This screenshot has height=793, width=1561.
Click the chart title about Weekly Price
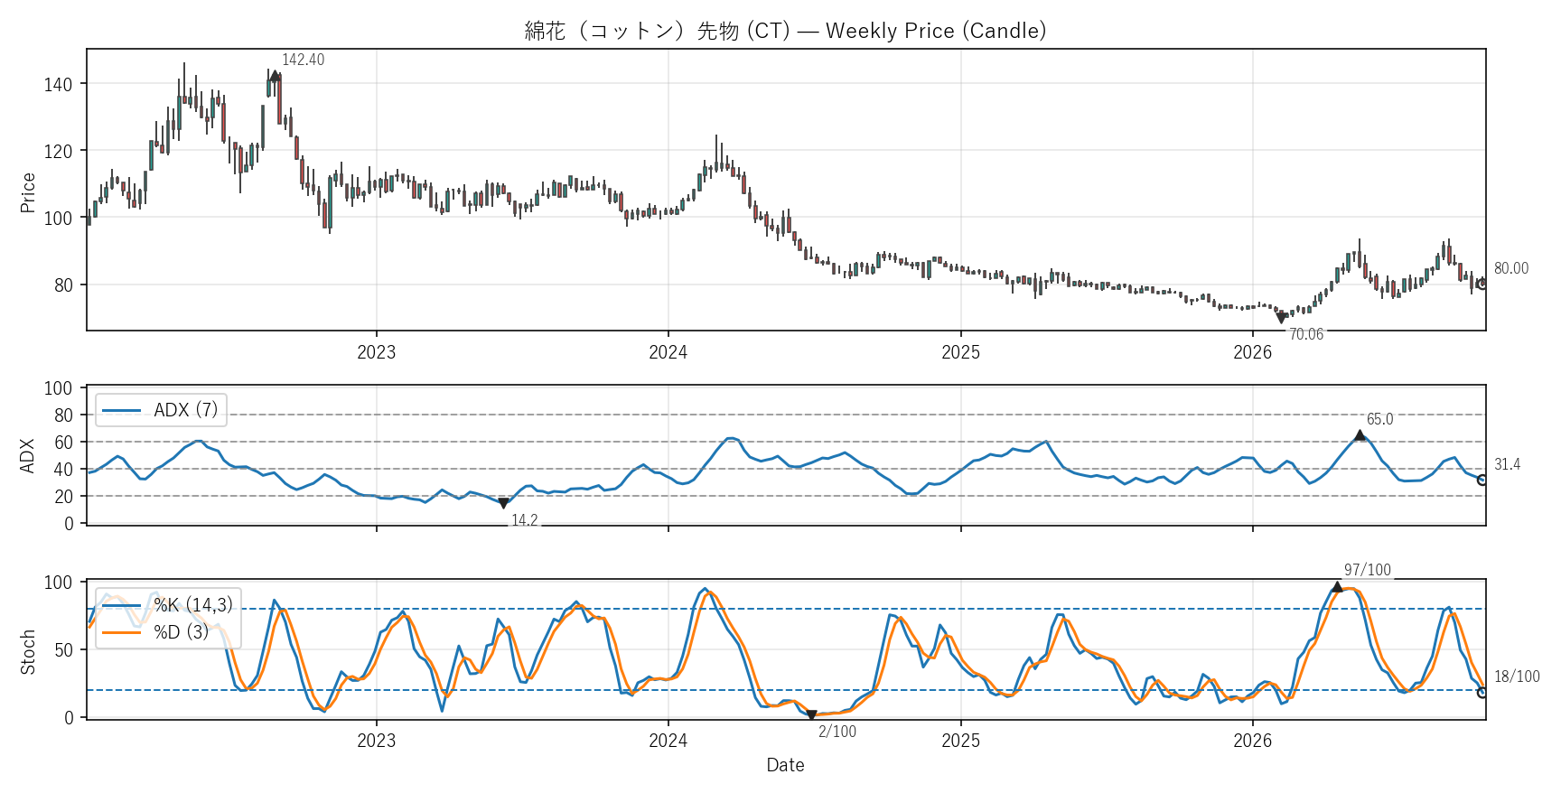(785, 31)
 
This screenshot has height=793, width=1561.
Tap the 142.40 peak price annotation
(303, 60)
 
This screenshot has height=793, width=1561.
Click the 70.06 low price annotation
(1305, 334)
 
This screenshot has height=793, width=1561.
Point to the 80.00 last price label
(1511, 268)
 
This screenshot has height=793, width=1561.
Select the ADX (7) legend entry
(161, 410)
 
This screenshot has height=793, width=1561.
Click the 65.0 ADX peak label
(1379, 419)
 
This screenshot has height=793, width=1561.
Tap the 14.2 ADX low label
(524, 520)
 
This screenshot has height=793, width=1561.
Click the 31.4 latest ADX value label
(1507, 464)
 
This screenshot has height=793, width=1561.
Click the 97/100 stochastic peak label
(1368, 570)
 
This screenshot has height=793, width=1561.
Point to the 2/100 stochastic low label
(837, 732)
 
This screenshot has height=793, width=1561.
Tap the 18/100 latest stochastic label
(1517, 676)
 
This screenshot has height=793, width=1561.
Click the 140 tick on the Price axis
(58, 84)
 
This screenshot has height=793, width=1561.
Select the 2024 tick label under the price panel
(668, 352)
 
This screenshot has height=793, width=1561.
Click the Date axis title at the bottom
(785, 765)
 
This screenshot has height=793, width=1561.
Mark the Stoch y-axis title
(28, 652)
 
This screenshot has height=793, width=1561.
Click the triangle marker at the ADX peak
(1360, 435)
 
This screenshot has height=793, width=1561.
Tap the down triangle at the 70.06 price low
(1281, 318)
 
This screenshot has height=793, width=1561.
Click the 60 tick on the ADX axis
(63, 443)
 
